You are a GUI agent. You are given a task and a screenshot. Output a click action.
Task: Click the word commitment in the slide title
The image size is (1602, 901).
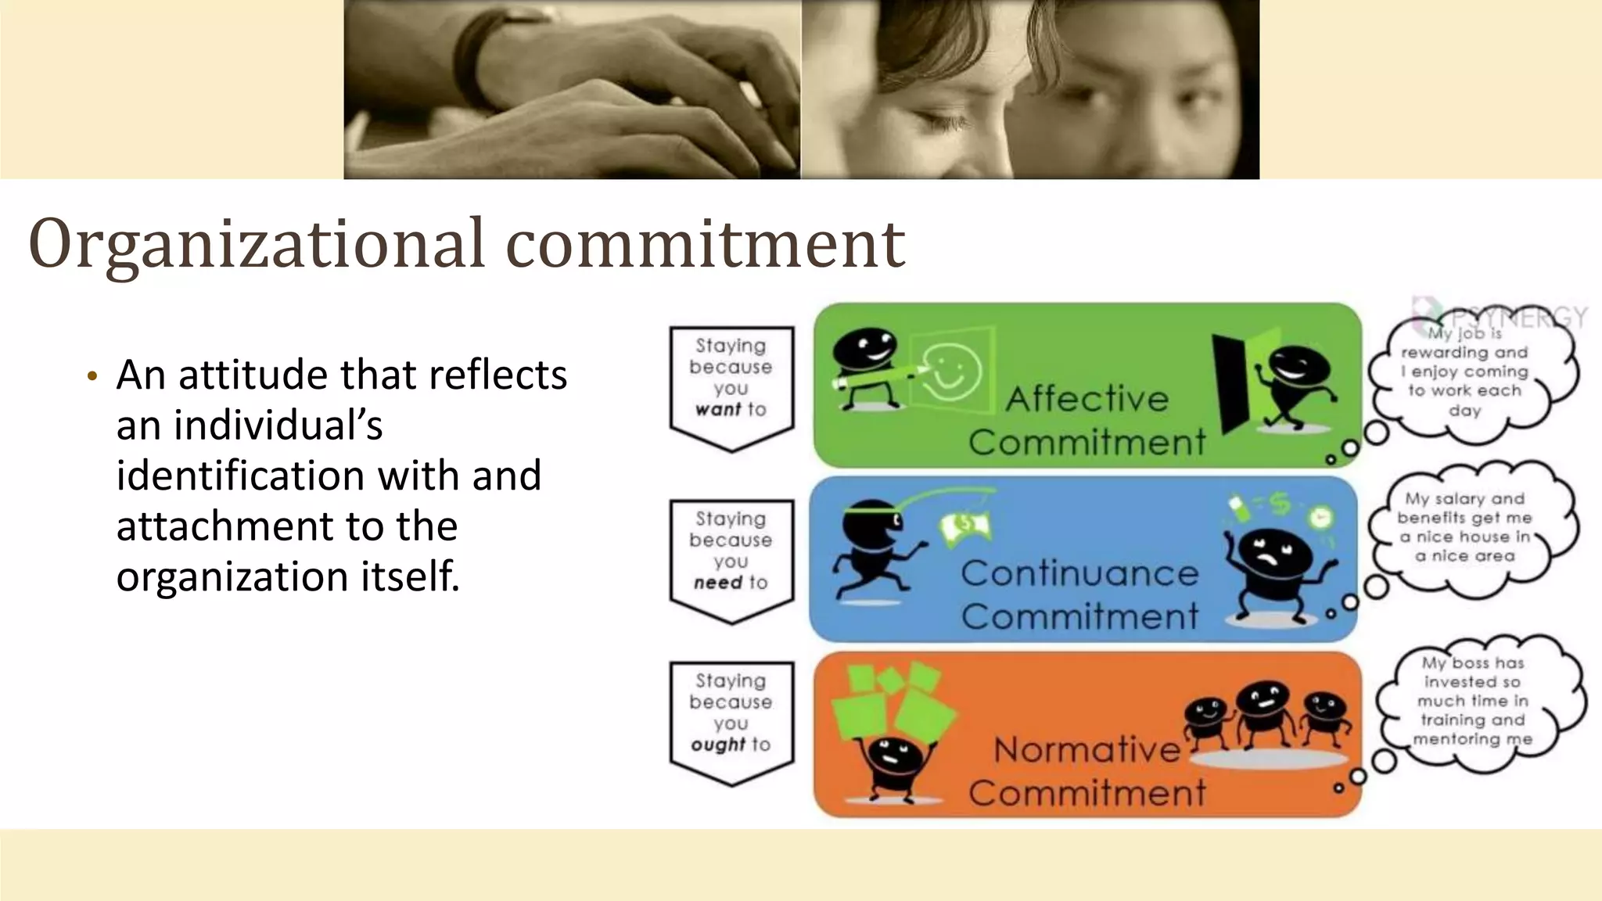[x=706, y=244]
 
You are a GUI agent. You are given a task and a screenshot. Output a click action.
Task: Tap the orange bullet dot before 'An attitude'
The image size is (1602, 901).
[x=92, y=377]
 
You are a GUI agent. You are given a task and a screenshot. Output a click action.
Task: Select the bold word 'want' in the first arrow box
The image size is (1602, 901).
[x=717, y=409]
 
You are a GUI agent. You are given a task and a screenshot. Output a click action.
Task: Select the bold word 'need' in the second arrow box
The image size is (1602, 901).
[x=717, y=583]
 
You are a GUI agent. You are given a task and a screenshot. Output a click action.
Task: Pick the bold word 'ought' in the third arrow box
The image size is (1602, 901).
[x=717, y=745]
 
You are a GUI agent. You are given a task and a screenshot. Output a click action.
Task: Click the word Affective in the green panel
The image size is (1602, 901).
[x=1087, y=399]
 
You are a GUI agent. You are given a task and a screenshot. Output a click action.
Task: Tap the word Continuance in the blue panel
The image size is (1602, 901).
[x=1079, y=573]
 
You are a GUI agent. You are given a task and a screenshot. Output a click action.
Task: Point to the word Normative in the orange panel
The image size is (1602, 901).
[x=1087, y=750]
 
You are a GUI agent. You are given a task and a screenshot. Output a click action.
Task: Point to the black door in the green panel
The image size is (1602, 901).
[x=1231, y=383]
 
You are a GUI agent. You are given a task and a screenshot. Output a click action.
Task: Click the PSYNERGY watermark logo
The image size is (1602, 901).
[x=1502, y=317]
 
